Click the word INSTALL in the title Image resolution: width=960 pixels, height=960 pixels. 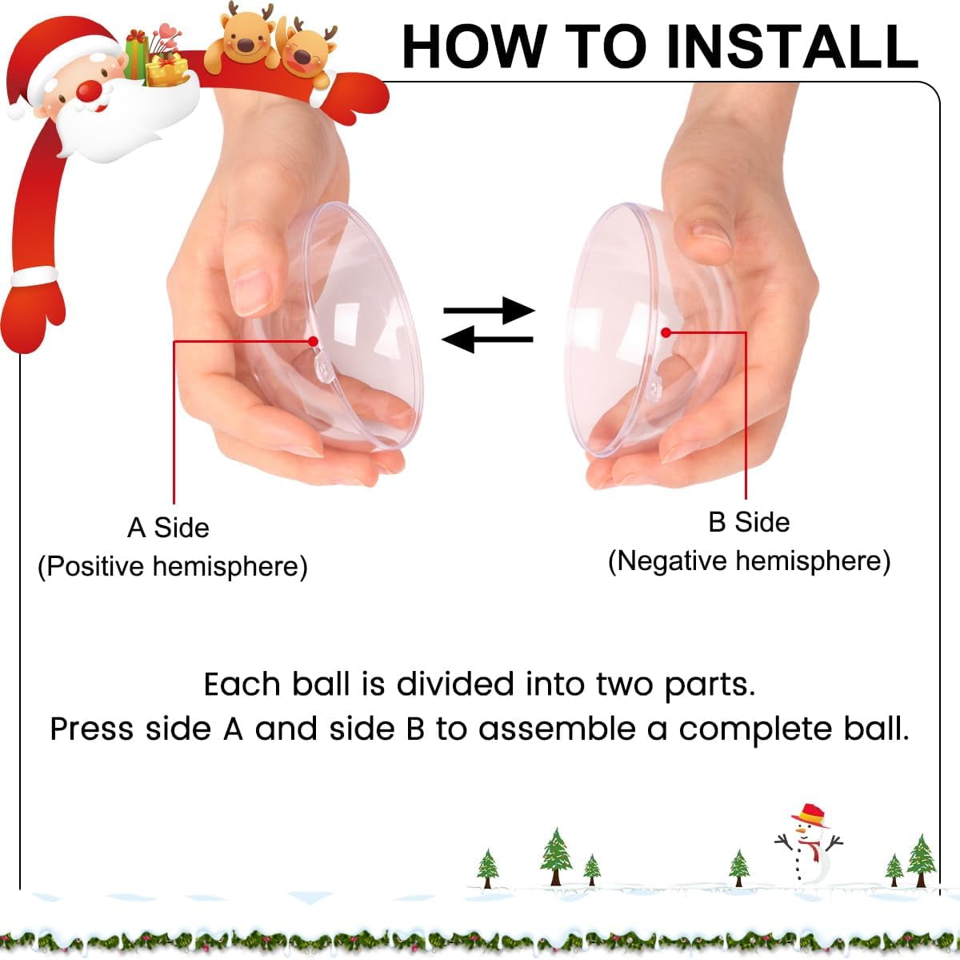point(792,47)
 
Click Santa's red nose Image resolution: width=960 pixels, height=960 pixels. point(89,90)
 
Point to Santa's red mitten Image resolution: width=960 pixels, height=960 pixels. point(33,315)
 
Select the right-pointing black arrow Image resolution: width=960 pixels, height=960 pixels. point(490,311)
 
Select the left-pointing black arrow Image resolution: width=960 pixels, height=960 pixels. point(487,339)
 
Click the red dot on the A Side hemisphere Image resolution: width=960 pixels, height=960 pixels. point(313,342)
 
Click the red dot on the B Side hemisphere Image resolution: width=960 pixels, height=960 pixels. point(666,332)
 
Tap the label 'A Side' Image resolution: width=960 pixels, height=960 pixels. point(168,528)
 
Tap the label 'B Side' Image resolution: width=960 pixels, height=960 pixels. point(749,522)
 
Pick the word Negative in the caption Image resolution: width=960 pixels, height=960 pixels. point(673,561)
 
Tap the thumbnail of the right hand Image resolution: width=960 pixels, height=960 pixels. point(711,232)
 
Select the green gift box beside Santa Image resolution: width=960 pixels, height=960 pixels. point(135,55)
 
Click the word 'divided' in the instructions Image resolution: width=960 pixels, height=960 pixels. point(455,685)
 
